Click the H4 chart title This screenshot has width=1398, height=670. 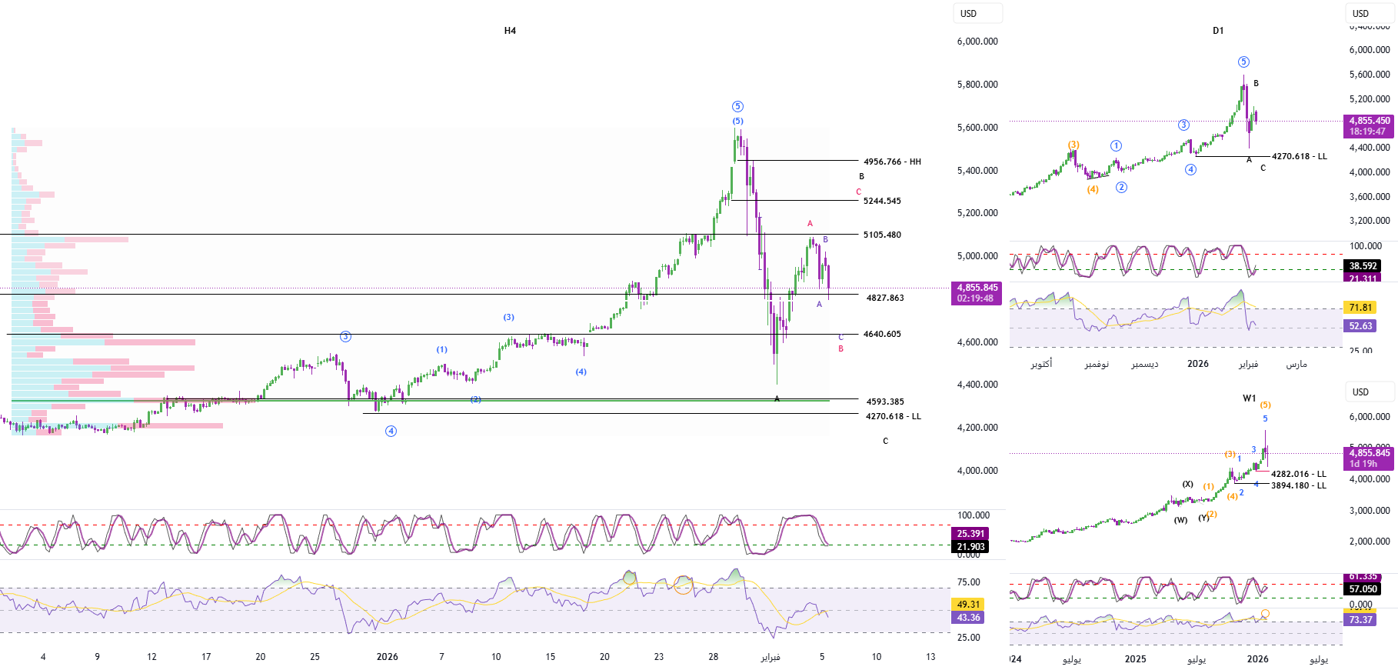point(510,31)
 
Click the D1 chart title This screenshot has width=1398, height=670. point(1218,31)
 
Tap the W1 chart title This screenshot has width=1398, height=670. point(1249,398)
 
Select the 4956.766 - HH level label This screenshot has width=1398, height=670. point(892,162)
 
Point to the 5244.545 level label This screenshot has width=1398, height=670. point(882,201)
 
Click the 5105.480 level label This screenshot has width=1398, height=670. point(882,235)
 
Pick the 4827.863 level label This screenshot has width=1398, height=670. point(885,298)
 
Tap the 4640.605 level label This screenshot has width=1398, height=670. point(882,334)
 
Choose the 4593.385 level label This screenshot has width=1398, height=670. point(885,402)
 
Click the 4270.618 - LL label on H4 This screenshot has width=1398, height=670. point(893,416)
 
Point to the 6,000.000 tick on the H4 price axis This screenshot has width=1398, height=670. point(977,42)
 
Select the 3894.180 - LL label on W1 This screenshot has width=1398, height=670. point(1299,485)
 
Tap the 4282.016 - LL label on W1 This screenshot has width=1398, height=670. point(1299,474)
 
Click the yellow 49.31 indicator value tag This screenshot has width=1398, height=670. point(968,605)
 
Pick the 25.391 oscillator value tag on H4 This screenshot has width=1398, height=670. point(970,534)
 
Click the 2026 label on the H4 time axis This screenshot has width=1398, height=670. point(387,657)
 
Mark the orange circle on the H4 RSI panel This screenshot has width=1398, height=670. point(683,585)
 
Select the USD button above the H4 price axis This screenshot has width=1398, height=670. point(969,14)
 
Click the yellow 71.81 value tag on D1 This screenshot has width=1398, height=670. point(1360,308)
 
